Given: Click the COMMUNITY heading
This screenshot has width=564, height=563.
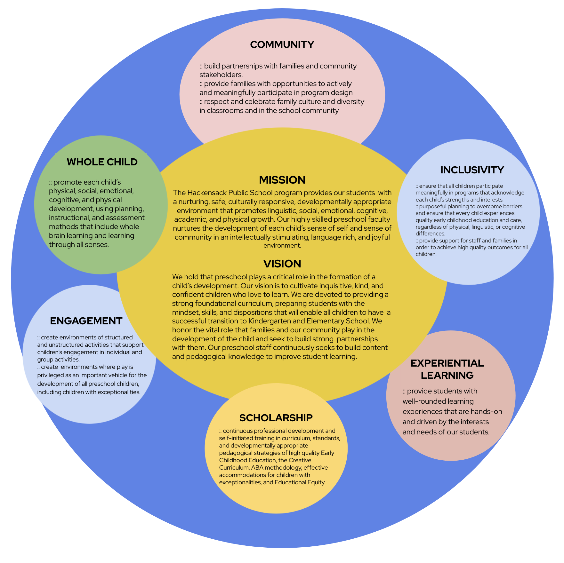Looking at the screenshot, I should click(x=282, y=44).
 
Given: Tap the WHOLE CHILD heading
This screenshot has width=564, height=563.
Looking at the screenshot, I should click(x=102, y=162).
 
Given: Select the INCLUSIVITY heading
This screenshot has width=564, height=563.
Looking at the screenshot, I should click(x=472, y=170).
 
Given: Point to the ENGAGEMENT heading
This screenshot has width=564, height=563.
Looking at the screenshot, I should click(x=86, y=321).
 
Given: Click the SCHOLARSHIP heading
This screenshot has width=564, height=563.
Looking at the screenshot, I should click(x=276, y=418).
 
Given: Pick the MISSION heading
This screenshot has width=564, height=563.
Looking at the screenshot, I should click(x=282, y=180).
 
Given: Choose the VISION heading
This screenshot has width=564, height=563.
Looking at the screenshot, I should click(x=282, y=264).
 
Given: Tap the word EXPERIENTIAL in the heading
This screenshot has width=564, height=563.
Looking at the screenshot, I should click(x=447, y=363).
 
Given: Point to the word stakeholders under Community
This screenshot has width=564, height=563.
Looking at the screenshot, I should click(x=221, y=75).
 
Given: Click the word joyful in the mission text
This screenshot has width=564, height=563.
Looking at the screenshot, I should click(x=381, y=237).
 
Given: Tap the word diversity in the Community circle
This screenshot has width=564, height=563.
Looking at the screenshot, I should click(x=350, y=101).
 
